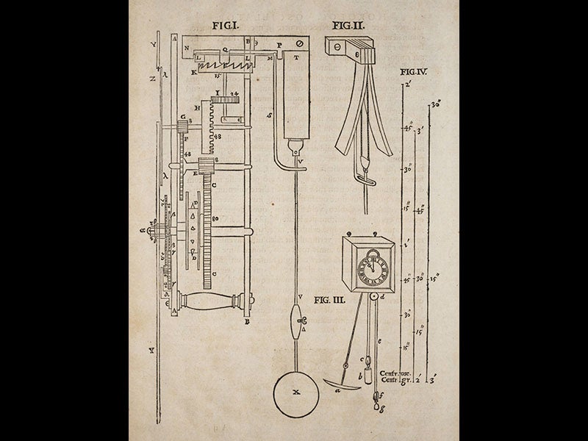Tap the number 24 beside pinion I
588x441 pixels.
point(234,96)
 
